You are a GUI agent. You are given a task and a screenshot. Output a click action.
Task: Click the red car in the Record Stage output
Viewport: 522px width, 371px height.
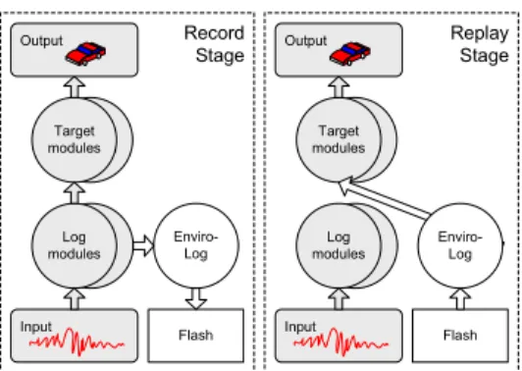pyautogui.click(x=85, y=54)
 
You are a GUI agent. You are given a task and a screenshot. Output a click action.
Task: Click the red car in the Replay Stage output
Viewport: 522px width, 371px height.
pyautogui.click(x=350, y=54)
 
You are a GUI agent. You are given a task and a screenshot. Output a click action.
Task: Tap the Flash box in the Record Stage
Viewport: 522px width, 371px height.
pyautogui.click(x=196, y=336)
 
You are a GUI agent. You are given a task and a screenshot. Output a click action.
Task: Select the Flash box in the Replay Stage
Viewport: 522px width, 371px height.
pyautogui.click(x=460, y=336)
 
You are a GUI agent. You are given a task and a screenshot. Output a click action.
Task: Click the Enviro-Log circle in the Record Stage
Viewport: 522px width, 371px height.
pyautogui.click(x=196, y=245)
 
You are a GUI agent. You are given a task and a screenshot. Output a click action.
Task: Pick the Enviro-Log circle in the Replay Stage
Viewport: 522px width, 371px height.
pyautogui.click(x=460, y=245)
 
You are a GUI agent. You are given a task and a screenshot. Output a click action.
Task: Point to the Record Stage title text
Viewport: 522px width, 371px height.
pyautogui.click(x=214, y=44)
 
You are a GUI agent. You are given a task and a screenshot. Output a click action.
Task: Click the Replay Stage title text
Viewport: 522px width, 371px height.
pyautogui.click(x=480, y=44)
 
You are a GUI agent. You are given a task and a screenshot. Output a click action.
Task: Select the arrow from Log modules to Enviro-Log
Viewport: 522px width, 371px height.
pyautogui.click(x=143, y=245)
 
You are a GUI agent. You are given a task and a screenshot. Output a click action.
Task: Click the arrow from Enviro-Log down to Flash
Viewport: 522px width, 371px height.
pyautogui.click(x=196, y=298)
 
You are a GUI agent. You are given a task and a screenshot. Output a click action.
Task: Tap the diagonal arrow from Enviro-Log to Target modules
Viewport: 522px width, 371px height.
pyautogui.click(x=385, y=199)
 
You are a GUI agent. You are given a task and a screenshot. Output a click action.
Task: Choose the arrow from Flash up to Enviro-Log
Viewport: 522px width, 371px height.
pyautogui.click(x=460, y=298)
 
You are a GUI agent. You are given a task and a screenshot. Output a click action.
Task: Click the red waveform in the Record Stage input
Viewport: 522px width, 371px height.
pyautogui.click(x=77, y=342)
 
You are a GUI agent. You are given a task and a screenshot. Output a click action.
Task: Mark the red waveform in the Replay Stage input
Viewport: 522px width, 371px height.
pyautogui.click(x=340, y=342)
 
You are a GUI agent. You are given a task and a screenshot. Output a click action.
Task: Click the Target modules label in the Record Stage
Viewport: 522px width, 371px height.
pyautogui.click(x=74, y=139)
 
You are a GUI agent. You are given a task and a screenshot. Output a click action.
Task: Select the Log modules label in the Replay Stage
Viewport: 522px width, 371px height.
pyautogui.click(x=339, y=245)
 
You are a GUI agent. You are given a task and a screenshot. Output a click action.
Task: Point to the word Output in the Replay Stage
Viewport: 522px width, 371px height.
pyautogui.click(x=305, y=40)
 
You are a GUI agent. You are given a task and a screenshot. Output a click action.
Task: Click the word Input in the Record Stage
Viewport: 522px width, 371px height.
pyautogui.click(x=36, y=327)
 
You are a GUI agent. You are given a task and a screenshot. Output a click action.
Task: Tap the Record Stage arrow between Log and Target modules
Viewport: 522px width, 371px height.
pyautogui.click(x=75, y=193)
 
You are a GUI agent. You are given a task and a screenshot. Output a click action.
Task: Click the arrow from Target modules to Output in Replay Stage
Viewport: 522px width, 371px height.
pyautogui.click(x=339, y=87)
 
